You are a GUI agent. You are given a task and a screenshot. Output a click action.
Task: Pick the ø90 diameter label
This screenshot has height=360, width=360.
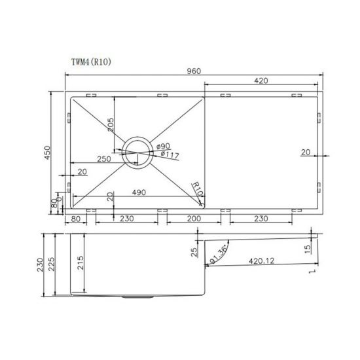tap(163, 145)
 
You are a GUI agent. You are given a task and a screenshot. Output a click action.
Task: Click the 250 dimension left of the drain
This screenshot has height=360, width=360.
tap(102, 159)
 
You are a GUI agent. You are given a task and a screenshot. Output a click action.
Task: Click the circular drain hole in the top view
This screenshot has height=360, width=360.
tap(136, 153)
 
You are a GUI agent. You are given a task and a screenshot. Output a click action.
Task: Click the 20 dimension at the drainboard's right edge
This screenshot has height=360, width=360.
tap(306, 152)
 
